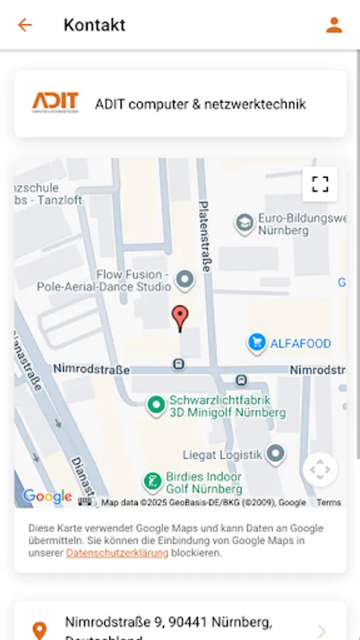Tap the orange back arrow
pyautogui.click(x=25, y=25)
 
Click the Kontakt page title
pyautogui.click(x=94, y=25)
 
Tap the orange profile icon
pyautogui.click(x=334, y=25)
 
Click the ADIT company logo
pyautogui.click(x=55, y=103)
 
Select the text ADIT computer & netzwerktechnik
pyautogui.click(x=200, y=105)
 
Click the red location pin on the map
pyautogui.click(x=181, y=318)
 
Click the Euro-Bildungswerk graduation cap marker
pyautogui.click(x=245, y=223)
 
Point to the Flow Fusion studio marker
pyautogui.click(x=185, y=279)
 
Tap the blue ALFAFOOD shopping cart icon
pyautogui.click(x=256, y=343)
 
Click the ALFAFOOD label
pyautogui.click(x=300, y=343)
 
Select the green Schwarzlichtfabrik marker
pyautogui.click(x=156, y=405)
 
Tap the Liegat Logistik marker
pyautogui.click(x=275, y=453)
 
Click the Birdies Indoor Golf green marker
pyautogui.click(x=152, y=482)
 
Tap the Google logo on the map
pyautogui.click(x=47, y=496)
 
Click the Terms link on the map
pyautogui.click(x=329, y=502)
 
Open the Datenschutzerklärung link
pyautogui.click(x=117, y=553)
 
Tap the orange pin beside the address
pyautogui.click(x=40, y=630)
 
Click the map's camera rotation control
pyautogui.click(x=320, y=469)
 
